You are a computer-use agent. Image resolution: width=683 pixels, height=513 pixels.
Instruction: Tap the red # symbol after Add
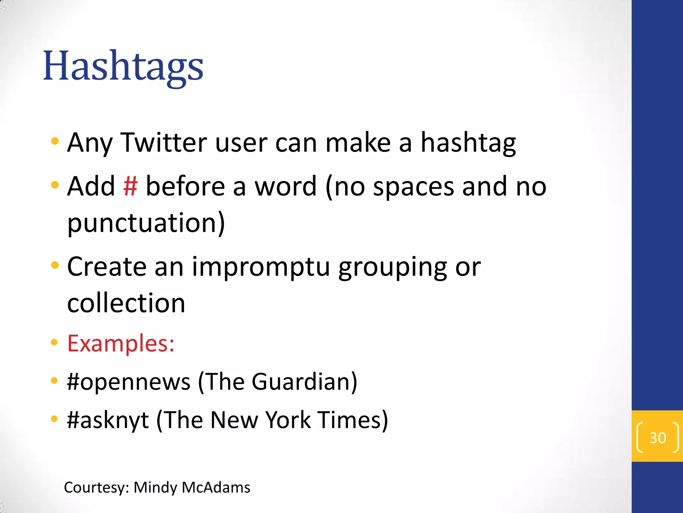[x=130, y=186]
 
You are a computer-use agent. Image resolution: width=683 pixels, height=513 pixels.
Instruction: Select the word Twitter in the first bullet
[x=163, y=143]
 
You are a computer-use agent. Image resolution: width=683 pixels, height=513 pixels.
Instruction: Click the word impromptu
[x=261, y=267]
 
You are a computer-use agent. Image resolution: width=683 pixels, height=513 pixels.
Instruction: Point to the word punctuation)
[x=146, y=223]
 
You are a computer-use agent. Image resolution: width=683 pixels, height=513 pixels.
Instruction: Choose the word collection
[x=126, y=303]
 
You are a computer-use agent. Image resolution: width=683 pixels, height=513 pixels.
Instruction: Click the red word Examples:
[x=121, y=343]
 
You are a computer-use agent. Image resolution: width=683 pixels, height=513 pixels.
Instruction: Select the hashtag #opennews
[x=129, y=382]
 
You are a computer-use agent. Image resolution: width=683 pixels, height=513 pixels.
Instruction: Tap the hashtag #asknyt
[x=108, y=420]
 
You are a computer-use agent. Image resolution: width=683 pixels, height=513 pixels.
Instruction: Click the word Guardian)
[x=304, y=382]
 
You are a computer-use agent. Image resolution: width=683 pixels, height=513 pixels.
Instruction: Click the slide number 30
[x=657, y=438]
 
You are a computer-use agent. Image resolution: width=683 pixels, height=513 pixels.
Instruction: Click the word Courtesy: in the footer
[x=96, y=488]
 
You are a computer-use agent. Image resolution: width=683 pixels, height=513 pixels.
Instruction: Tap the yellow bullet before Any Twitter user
[x=55, y=141]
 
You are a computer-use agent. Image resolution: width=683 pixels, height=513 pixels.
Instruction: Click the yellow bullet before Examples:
[x=54, y=342]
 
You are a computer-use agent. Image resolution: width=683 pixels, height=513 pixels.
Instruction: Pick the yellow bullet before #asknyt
[x=54, y=419]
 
